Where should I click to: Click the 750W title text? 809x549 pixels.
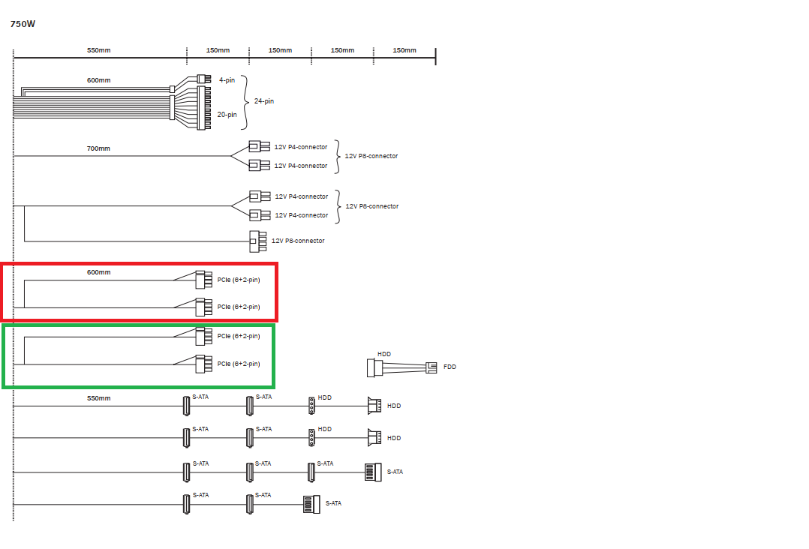[x=23, y=24]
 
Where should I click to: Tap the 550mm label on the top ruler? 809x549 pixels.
[x=98, y=50]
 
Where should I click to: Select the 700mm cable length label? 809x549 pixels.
[x=98, y=148]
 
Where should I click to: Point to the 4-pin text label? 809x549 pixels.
[x=227, y=80]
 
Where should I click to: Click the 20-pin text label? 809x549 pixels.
[x=227, y=115]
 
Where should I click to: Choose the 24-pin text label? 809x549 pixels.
[x=264, y=101]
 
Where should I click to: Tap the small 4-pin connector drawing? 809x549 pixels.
[x=204, y=79]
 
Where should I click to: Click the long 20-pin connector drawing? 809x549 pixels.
[x=204, y=108]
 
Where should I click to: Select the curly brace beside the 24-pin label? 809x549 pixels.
[x=245, y=102]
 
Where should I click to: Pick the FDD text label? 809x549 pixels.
[x=450, y=367]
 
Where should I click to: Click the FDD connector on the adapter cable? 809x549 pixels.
[x=432, y=367]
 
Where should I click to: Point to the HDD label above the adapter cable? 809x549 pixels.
[x=384, y=354]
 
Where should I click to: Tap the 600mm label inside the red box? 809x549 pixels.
[x=98, y=272]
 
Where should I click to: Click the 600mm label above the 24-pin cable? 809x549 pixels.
[x=98, y=80]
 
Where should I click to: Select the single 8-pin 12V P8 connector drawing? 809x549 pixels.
[x=258, y=241]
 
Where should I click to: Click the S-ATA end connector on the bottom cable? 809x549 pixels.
[x=311, y=504]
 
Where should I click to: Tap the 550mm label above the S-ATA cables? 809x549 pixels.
[x=98, y=398]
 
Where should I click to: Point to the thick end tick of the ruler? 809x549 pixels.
[x=435, y=56]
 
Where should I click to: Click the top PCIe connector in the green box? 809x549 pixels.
[x=204, y=337]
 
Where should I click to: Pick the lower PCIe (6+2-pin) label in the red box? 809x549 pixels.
[x=239, y=307]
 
